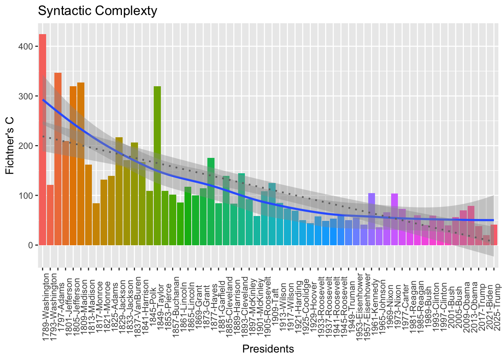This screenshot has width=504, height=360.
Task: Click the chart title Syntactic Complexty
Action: pos(97,11)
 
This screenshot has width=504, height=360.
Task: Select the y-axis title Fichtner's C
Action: pos(10,145)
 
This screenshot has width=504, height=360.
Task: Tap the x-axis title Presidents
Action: pos(268,349)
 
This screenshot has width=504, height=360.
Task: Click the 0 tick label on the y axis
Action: pos(31,245)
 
